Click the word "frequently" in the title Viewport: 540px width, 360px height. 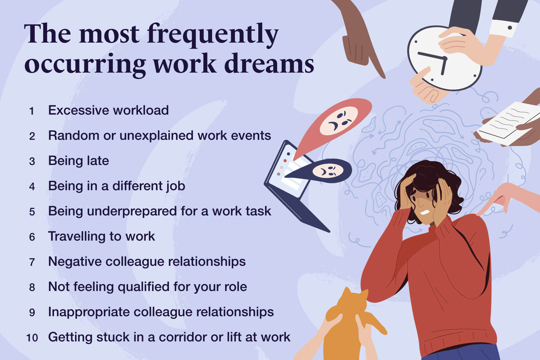(x=213, y=35)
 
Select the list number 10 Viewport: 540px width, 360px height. (x=32, y=338)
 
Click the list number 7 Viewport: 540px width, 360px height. (x=32, y=262)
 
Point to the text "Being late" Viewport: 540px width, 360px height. (x=79, y=161)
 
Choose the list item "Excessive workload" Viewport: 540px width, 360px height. (x=109, y=110)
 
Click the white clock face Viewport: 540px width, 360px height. (x=444, y=58)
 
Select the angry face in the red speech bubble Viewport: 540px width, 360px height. (x=339, y=121)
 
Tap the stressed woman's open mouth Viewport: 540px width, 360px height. (x=425, y=212)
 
